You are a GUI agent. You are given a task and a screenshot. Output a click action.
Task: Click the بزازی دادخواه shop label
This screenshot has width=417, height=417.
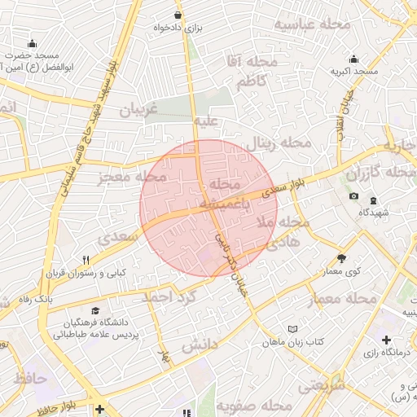[x=178, y=28]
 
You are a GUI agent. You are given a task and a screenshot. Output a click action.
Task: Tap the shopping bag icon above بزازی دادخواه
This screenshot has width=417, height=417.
[x=178, y=15]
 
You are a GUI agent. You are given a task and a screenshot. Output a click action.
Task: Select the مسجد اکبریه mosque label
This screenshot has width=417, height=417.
[x=354, y=72]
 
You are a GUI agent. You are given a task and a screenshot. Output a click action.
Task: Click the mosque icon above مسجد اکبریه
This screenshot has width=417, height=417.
[x=353, y=59]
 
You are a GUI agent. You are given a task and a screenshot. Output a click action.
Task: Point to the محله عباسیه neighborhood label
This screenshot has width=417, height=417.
[x=312, y=24]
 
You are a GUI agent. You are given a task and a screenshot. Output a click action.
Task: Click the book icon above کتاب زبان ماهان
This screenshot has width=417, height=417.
[x=292, y=329]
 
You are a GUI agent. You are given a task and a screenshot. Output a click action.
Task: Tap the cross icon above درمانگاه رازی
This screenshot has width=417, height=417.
[x=386, y=339]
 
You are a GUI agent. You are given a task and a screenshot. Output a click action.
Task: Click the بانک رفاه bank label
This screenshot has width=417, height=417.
[x=36, y=299]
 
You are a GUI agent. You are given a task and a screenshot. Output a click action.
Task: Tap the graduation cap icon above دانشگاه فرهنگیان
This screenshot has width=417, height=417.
[x=96, y=310]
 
